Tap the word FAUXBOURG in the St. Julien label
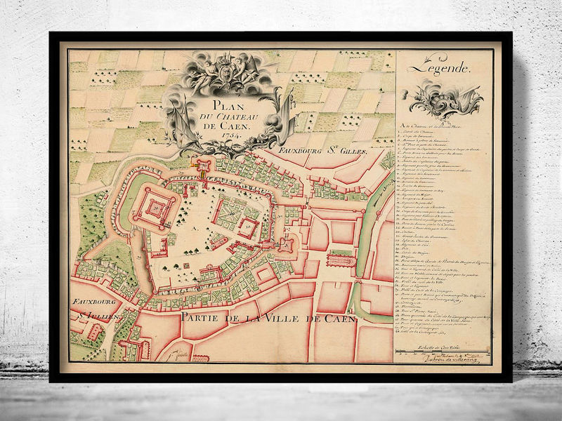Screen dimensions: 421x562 [x=94, y=304]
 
